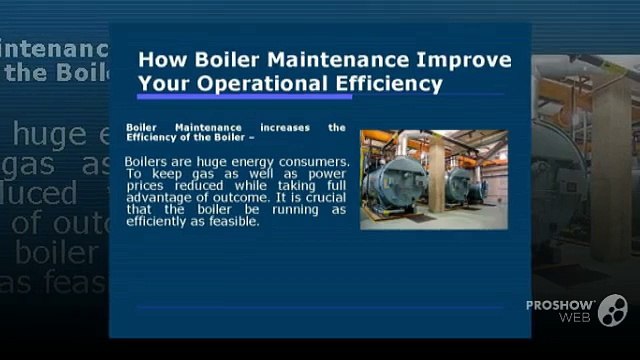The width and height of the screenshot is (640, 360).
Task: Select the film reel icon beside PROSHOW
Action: click(612, 310)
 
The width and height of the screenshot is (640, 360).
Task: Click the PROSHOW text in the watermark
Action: click(560, 304)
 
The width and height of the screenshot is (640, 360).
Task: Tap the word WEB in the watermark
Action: click(576, 318)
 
